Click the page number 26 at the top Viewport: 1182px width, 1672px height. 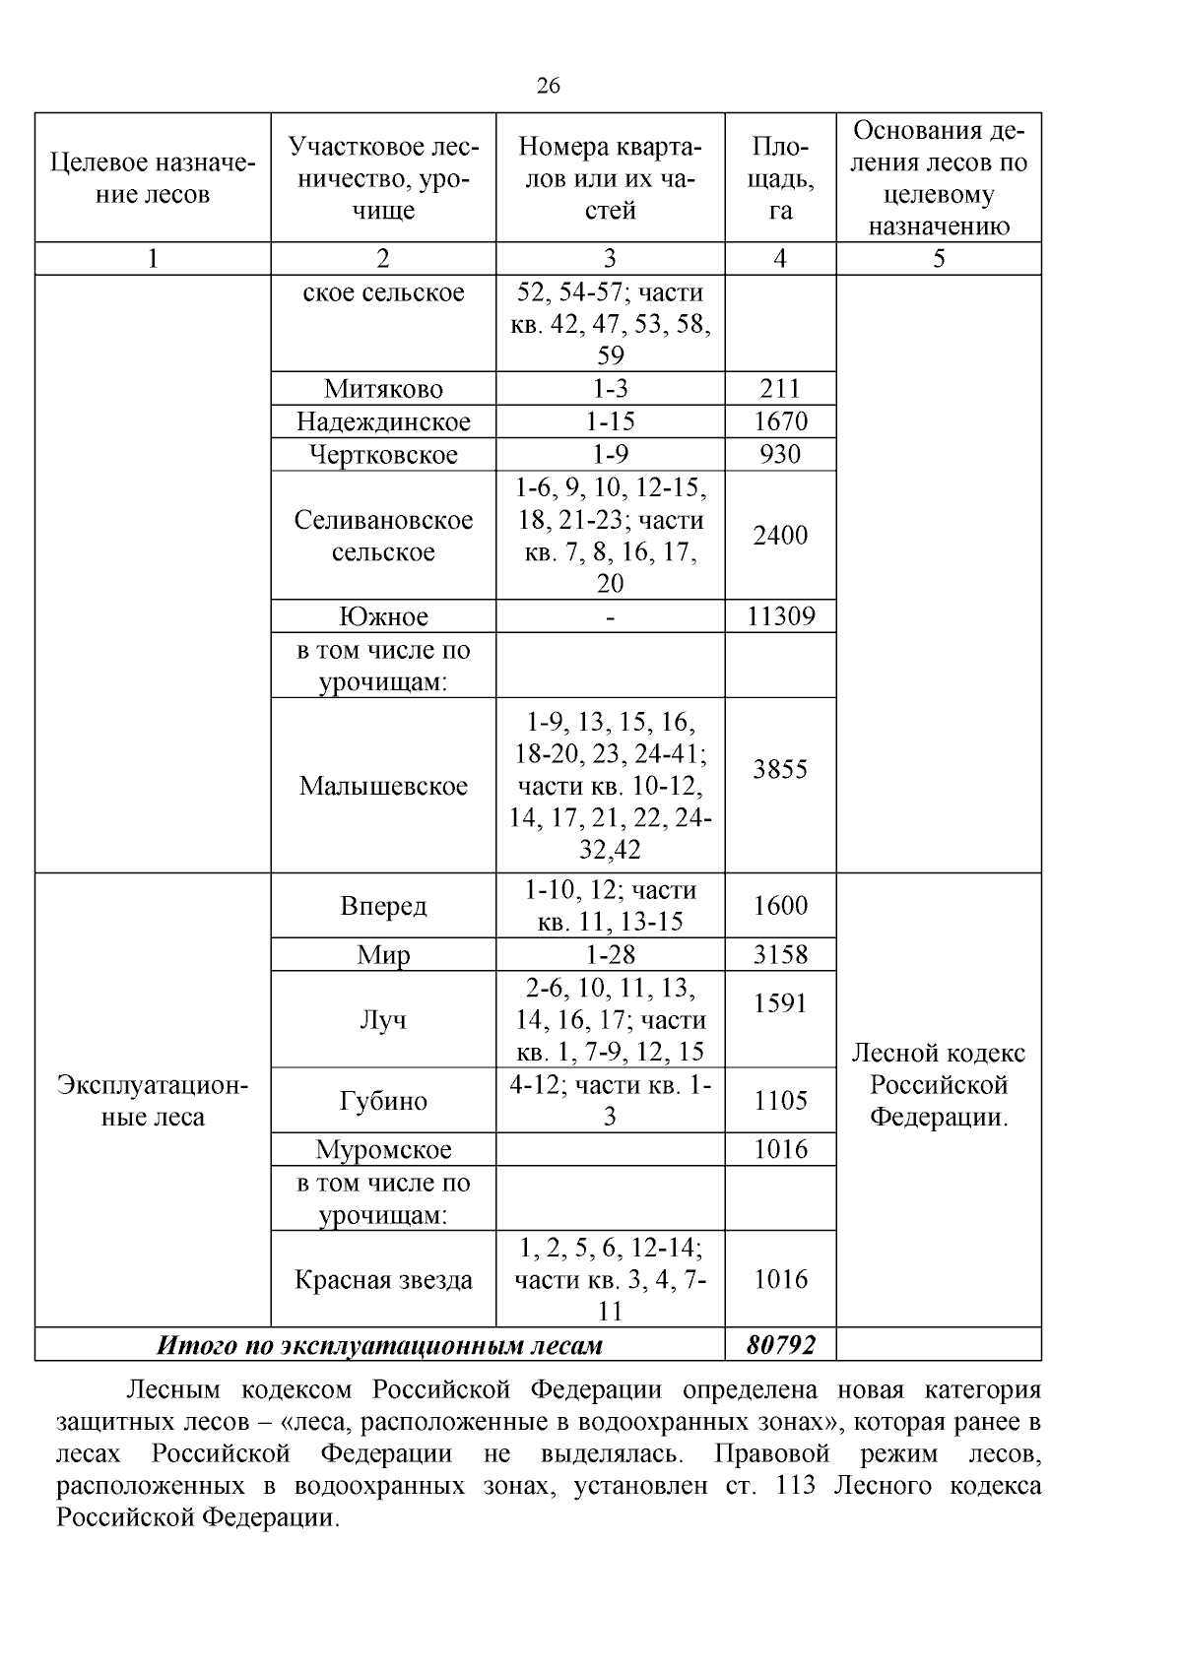(x=549, y=87)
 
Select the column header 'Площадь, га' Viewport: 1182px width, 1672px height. (x=780, y=178)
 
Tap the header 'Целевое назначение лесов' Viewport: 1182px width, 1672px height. (x=153, y=178)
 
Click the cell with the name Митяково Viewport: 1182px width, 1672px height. (x=383, y=389)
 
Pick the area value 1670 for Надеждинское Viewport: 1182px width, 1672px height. (x=780, y=421)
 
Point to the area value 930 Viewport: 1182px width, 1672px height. (x=780, y=454)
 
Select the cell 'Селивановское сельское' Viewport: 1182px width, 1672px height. (x=383, y=536)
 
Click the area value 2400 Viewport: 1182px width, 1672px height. (x=780, y=536)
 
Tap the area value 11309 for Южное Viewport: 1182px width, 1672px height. (x=780, y=616)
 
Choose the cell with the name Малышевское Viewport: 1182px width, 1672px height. (x=383, y=786)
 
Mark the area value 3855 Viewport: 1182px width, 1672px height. (x=780, y=769)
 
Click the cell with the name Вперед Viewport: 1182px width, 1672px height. (x=383, y=906)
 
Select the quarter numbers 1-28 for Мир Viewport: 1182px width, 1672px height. (x=610, y=954)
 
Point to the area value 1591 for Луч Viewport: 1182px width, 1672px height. (x=780, y=1003)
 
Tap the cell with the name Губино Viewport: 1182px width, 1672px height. (x=383, y=1101)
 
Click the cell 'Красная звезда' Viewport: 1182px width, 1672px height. (x=383, y=1280)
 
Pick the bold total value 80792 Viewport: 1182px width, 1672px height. (x=780, y=1345)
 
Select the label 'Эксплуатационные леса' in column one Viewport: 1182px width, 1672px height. (x=153, y=1101)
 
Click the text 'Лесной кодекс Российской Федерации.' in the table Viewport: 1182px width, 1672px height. (x=938, y=1085)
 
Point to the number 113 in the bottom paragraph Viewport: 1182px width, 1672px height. (x=796, y=1485)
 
